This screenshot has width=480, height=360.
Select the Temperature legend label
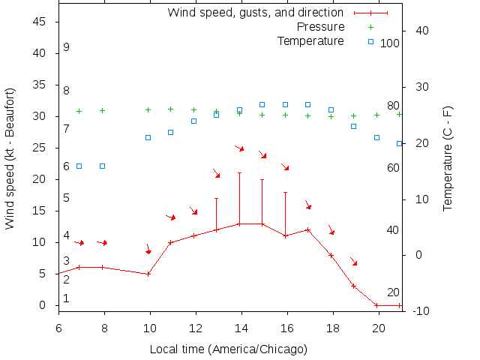click(310, 40)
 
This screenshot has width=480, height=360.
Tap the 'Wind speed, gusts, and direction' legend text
click(255, 13)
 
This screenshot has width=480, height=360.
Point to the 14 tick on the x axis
click(241, 327)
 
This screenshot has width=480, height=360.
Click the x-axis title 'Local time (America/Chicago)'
click(229, 349)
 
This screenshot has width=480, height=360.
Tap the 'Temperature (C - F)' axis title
click(448, 158)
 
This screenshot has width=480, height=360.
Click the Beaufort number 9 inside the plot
click(67, 47)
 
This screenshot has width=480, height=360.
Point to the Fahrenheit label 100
click(390, 43)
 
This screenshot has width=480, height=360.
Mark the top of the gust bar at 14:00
click(239, 173)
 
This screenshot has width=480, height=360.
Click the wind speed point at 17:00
click(307, 229)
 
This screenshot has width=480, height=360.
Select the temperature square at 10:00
click(148, 137)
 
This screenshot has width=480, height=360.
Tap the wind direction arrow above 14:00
click(240, 148)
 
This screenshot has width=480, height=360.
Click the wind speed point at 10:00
click(148, 274)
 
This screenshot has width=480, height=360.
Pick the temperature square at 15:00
click(262, 104)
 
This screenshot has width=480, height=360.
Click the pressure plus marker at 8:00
click(103, 110)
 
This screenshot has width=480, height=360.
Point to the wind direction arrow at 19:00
click(353, 262)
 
